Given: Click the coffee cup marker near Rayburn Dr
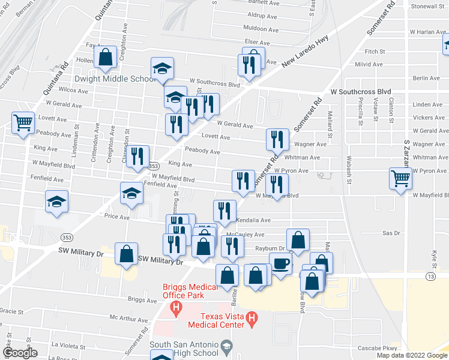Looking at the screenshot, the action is [x=280, y=262].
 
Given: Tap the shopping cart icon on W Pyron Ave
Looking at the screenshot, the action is [x=400, y=177].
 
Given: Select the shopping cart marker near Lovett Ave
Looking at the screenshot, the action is [x=23, y=122].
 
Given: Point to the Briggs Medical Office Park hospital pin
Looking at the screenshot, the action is [x=176, y=309].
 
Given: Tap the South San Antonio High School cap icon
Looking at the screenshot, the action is [x=226, y=346].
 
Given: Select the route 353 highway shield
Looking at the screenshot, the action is [x=154, y=166].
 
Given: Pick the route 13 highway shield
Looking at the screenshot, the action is [x=431, y=276].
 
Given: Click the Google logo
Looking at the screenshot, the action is [x=20, y=353].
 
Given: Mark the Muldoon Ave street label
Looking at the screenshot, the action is [x=261, y=29].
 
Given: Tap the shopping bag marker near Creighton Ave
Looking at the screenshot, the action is [x=106, y=58].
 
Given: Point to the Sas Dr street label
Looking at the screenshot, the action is [x=391, y=232].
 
